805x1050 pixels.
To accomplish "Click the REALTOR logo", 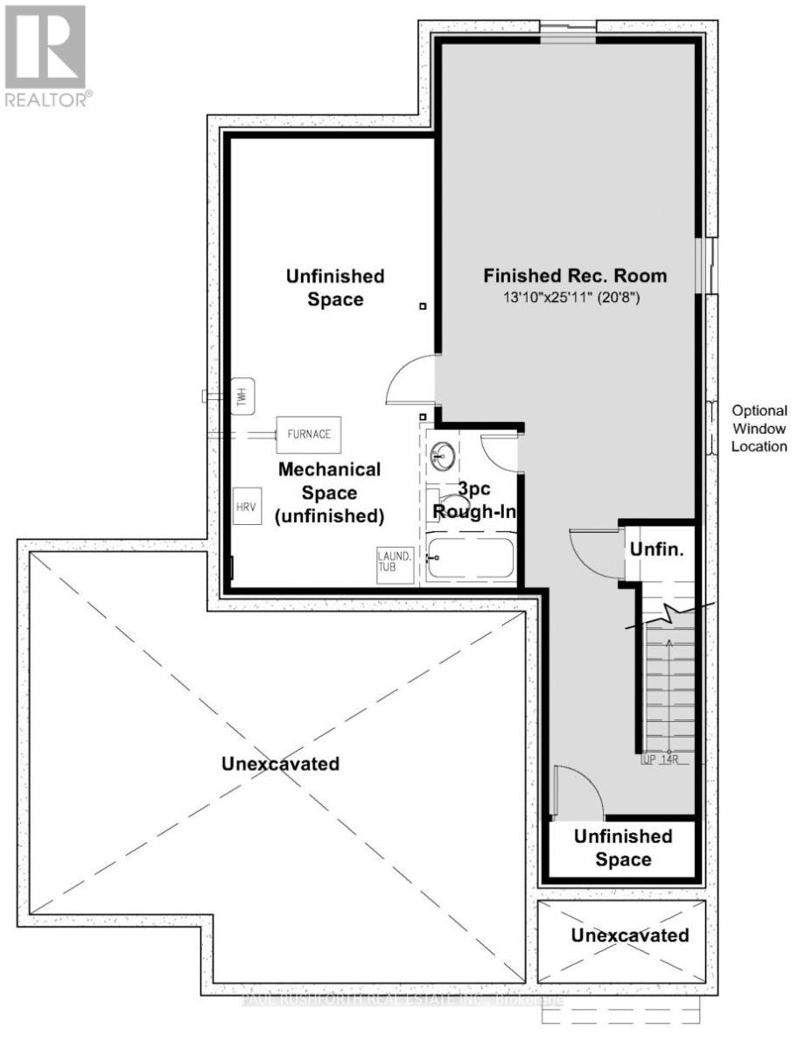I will [45, 55].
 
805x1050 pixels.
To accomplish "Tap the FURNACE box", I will [309, 433].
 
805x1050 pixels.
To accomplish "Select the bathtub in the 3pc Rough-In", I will [470, 557].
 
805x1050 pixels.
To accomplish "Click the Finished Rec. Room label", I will [575, 276].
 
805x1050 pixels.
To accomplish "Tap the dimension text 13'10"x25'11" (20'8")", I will [575, 297].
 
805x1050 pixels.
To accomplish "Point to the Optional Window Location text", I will [759, 428].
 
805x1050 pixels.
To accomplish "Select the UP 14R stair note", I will [661, 759].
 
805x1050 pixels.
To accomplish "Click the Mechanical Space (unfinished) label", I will [331, 493].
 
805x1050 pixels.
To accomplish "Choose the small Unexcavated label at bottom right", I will [629, 935].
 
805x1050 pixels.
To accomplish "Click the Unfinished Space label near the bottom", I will [623, 847].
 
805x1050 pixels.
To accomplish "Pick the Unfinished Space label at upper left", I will [335, 287].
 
